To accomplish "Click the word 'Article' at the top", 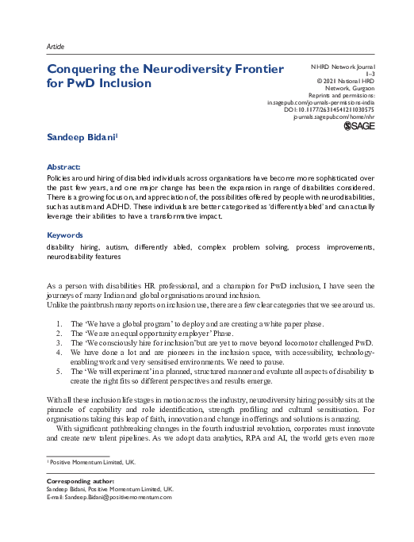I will click(57, 47).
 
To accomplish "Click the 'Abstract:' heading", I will click(64, 167).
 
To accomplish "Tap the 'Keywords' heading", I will click(66, 236).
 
